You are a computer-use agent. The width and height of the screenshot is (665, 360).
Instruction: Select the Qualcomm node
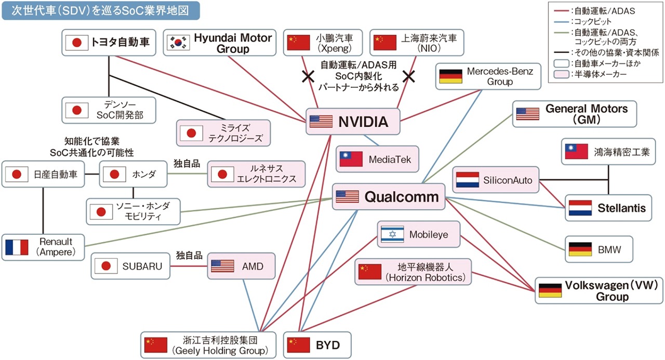point(388,197)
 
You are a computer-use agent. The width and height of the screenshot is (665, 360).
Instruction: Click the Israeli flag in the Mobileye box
point(392,235)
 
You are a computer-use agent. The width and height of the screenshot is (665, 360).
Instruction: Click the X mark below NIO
point(408,77)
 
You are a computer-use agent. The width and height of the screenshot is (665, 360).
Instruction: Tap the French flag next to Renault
point(17,247)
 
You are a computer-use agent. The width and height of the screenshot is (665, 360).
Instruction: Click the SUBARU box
point(131,266)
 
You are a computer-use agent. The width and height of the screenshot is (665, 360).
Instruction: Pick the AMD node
point(243,266)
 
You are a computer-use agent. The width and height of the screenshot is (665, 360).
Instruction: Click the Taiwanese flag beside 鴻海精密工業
point(576,152)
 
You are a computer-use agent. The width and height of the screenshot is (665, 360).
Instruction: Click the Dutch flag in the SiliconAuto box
point(467,180)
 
